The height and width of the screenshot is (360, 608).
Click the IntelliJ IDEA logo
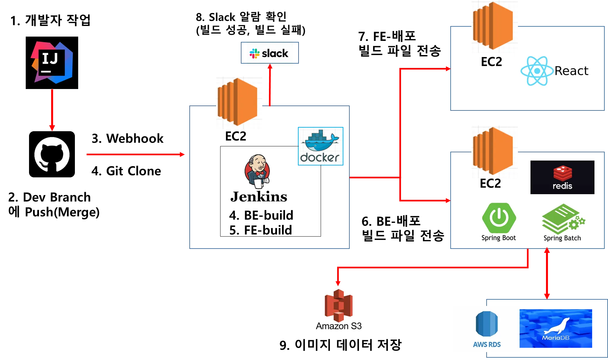(52, 63)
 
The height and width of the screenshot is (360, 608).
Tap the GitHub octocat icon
(52, 154)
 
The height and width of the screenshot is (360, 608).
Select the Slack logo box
(270, 53)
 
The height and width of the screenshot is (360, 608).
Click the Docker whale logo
(321, 146)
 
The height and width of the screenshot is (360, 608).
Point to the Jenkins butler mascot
(257, 171)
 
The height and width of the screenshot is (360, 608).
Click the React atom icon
(537, 71)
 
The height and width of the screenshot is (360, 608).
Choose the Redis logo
(562, 177)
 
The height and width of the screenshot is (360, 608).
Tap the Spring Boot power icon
(499, 218)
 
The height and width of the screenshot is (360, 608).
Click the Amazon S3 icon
(338, 305)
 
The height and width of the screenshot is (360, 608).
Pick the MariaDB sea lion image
(556, 328)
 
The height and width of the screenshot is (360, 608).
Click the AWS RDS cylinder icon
(487, 324)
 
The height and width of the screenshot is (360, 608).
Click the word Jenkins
(259, 196)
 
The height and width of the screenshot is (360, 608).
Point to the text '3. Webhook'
(127, 138)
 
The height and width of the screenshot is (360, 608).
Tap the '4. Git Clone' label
(126, 171)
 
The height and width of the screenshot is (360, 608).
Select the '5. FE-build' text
(261, 230)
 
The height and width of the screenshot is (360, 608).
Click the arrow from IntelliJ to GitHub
(52, 110)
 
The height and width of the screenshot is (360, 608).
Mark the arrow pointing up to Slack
(270, 85)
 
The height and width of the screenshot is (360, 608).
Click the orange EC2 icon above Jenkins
(237, 102)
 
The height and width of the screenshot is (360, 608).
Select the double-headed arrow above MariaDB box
(547, 273)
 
